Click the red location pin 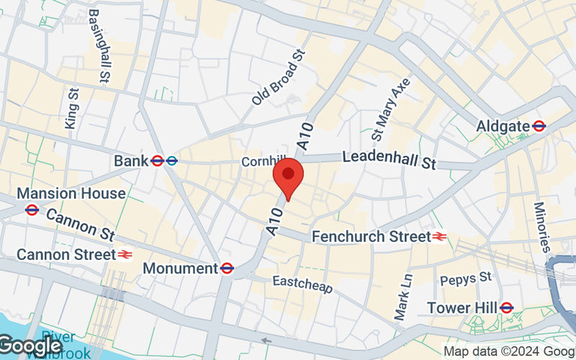[289, 180]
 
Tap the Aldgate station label [503, 126]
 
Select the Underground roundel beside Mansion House [31, 210]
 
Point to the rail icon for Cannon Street [126, 254]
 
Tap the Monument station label [180, 268]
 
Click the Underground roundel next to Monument [227, 268]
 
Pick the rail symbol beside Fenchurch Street [439, 235]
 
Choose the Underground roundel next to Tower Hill [506, 307]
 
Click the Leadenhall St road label [389, 159]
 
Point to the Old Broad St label [279, 78]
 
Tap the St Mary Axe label [390, 109]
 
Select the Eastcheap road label [302, 283]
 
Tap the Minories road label [541, 225]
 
